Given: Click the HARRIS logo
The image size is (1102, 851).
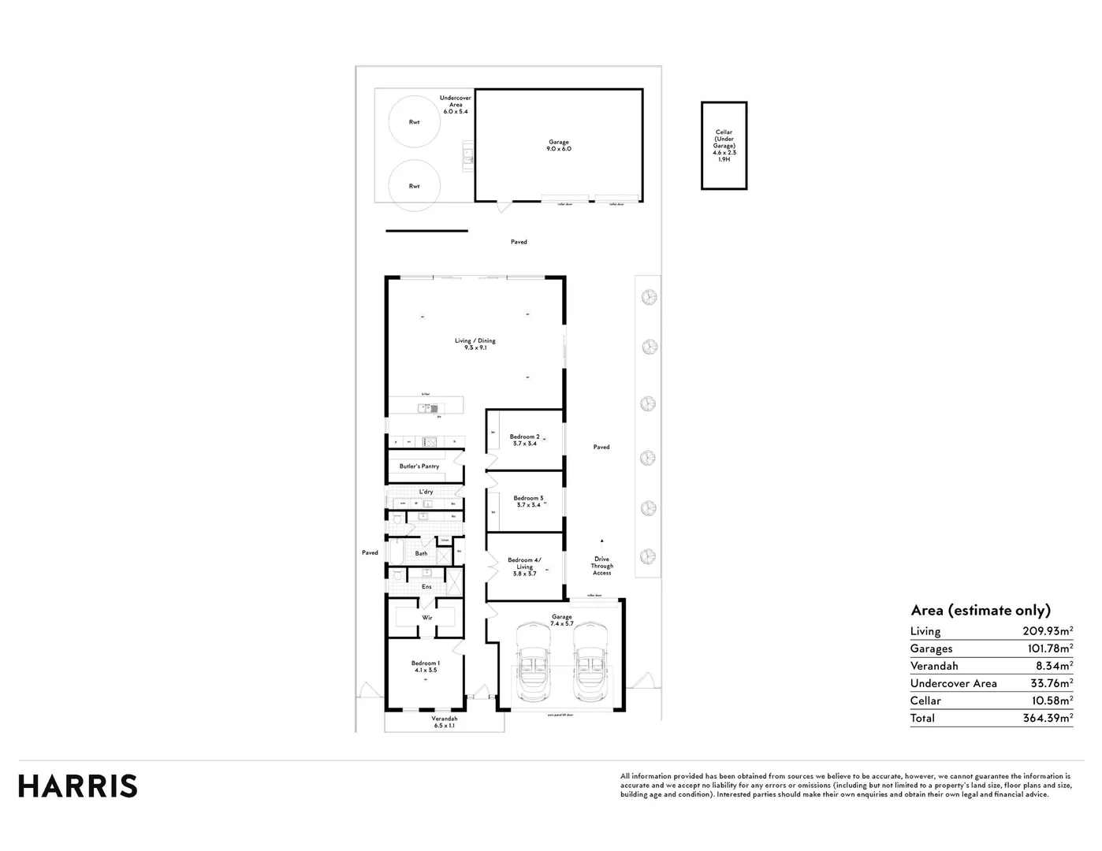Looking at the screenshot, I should pyautogui.click(x=78, y=786).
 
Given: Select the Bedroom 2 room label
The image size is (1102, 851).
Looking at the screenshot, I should pyautogui.click(x=524, y=440).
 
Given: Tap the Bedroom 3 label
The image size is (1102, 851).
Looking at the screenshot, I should pyautogui.click(x=528, y=501).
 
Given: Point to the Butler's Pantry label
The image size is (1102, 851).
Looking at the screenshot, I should pyautogui.click(x=419, y=466).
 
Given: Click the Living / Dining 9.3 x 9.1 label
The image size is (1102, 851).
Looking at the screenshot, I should pyautogui.click(x=475, y=344).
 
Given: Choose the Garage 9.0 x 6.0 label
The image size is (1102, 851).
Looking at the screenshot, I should pyautogui.click(x=558, y=145).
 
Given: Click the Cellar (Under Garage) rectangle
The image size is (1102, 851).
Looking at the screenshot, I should pyautogui.click(x=724, y=146).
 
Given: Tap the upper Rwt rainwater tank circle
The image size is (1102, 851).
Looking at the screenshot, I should pyautogui.click(x=414, y=121).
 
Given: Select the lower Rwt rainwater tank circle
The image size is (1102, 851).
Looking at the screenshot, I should pyautogui.click(x=414, y=186).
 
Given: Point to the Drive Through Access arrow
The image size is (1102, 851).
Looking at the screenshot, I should pyautogui.click(x=601, y=541).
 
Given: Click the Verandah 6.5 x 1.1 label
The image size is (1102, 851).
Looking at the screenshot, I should pyautogui.click(x=444, y=722).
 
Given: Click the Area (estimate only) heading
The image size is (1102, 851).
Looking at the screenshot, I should pyautogui.click(x=980, y=611).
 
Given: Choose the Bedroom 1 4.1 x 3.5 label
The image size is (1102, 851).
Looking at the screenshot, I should pyautogui.click(x=425, y=667).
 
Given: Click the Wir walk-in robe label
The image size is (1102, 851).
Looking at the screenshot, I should pyautogui.click(x=426, y=617).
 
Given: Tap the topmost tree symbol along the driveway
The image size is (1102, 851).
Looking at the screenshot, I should pyautogui.click(x=649, y=297).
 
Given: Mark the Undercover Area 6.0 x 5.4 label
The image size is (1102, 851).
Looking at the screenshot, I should pyautogui.click(x=456, y=105).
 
